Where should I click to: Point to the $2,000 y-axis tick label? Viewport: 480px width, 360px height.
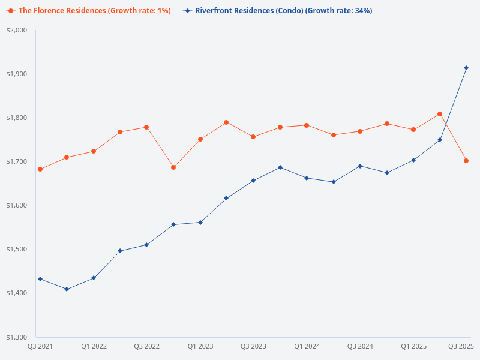(17, 30)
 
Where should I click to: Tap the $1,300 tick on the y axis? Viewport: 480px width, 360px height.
(17, 337)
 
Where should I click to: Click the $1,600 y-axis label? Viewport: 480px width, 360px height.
(17, 205)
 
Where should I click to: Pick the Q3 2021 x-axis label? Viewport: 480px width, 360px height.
(40, 346)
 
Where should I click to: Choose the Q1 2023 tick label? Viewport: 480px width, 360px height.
(200, 346)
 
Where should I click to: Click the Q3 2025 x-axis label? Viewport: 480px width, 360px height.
(461, 346)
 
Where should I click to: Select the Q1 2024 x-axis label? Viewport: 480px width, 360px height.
(307, 346)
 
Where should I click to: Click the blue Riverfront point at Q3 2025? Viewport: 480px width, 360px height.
(466, 68)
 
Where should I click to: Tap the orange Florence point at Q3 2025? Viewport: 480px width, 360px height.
(466, 161)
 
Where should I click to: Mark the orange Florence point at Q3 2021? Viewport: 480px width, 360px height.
(40, 169)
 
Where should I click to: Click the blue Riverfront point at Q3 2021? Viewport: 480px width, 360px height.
(40, 279)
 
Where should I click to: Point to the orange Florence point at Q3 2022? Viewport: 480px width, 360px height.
(146, 127)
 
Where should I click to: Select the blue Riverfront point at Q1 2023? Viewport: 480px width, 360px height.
(200, 223)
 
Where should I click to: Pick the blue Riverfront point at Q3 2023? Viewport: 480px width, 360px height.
(253, 181)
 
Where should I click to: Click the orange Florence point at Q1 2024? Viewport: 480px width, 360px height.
(307, 125)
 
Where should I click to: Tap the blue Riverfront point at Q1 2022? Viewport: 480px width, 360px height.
(94, 278)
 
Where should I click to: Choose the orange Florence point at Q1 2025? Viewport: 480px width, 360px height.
(413, 130)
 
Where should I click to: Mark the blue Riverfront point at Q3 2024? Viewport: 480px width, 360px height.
(360, 166)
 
